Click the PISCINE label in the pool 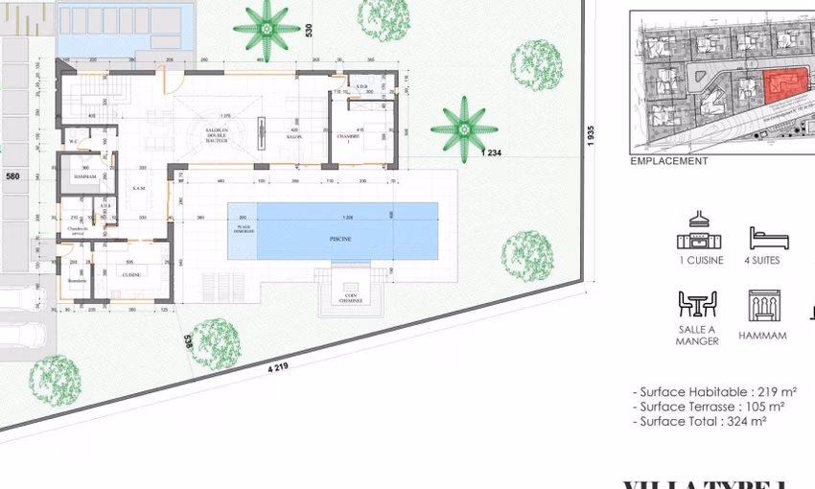tap(339, 239)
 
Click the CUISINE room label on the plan tap(131, 274)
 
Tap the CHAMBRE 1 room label tap(361, 137)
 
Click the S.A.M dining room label tap(139, 188)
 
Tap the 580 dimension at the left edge tap(12, 176)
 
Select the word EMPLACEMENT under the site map tap(668, 161)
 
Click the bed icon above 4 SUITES tap(769, 239)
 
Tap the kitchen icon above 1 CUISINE tap(699, 233)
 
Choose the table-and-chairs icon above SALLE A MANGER tap(697, 304)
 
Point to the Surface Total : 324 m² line tap(698, 421)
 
